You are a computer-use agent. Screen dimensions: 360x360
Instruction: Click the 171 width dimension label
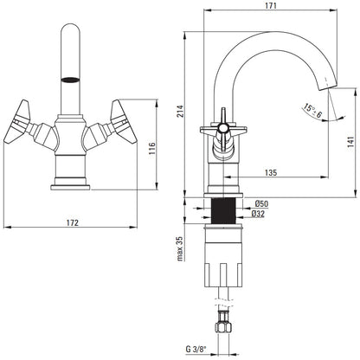click(271, 5)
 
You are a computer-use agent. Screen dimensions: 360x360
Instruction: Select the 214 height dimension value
click(181, 112)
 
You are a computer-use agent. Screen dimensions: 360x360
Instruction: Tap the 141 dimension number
click(350, 142)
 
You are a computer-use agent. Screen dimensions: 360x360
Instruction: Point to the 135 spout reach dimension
click(271, 172)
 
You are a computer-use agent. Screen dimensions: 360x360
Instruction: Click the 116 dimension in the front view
click(151, 149)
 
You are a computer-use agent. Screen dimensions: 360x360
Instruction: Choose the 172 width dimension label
click(73, 222)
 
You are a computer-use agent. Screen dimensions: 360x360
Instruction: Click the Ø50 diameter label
click(261, 204)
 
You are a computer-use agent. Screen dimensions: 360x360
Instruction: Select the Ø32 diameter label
click(258, 214)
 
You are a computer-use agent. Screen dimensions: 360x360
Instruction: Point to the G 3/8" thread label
click(196, 350)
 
